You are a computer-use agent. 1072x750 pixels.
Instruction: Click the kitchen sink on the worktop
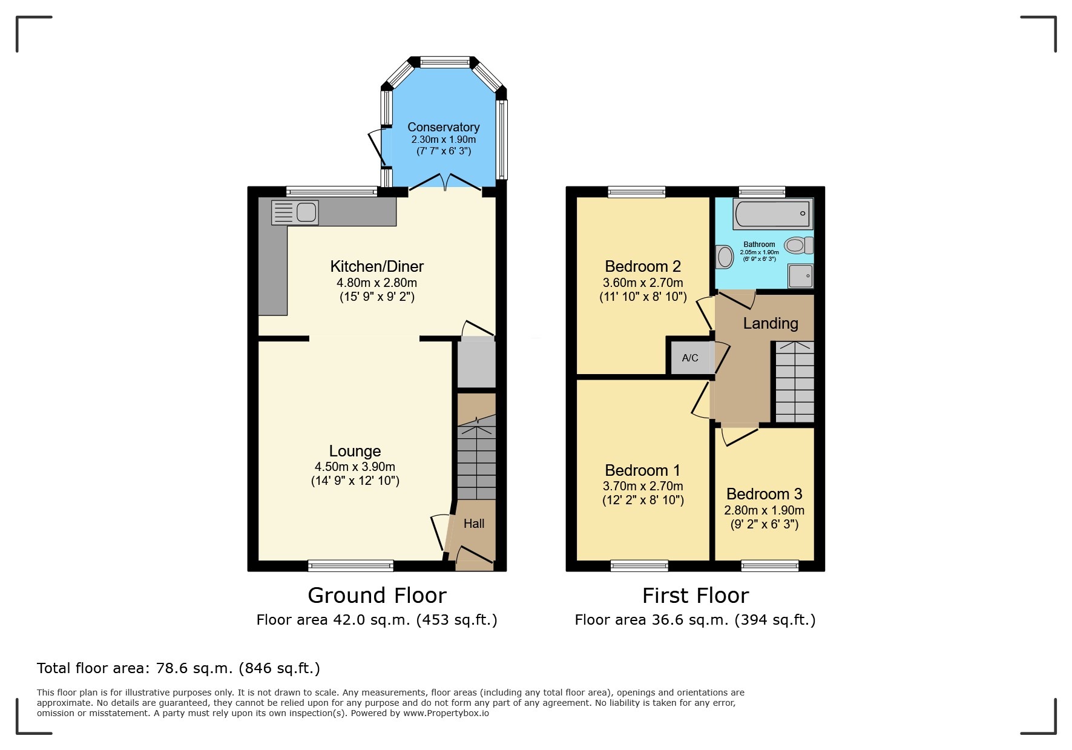(295, 212)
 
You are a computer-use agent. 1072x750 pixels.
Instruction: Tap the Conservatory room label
(443, 127)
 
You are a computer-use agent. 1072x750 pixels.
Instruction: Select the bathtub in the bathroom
(771, 214)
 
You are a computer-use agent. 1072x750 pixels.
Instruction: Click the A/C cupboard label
(690, 358)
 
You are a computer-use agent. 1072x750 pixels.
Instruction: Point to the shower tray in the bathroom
(800, 277)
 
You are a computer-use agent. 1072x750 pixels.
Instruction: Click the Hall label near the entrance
(474, 524)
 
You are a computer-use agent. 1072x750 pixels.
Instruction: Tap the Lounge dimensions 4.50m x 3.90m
(355, 467)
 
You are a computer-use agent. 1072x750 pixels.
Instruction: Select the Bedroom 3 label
(764, 494)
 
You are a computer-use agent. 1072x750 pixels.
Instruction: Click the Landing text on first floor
(770, 323)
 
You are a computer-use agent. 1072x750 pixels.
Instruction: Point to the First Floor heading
(695, 596)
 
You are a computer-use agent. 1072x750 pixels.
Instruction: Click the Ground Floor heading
(377, 596)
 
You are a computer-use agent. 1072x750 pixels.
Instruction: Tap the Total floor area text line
(178, 668)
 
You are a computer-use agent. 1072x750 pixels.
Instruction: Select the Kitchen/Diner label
(377, 266)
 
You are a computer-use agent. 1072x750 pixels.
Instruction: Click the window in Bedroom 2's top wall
(636, 192)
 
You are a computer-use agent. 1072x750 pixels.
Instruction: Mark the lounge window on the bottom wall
(350, 566)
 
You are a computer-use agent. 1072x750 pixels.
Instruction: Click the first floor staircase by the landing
(794, 382)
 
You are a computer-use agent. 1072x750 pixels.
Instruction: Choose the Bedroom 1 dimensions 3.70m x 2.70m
(643, 486)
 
